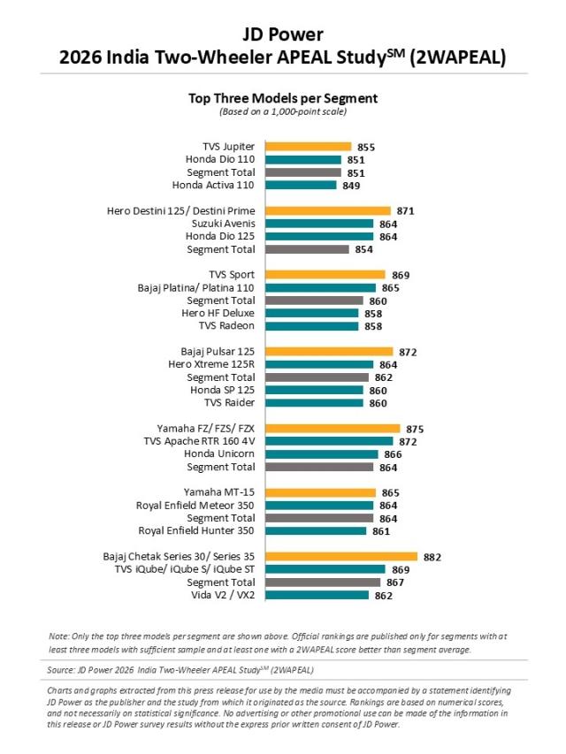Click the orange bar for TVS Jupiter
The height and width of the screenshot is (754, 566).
point(309,147)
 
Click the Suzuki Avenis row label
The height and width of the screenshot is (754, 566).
point(222,225)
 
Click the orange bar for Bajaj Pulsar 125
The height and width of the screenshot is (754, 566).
point(328,352)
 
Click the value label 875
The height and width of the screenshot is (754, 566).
point(414,429)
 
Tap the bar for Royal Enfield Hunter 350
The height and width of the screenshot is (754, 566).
point(316,531)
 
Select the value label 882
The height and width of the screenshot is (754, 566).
point(432,557)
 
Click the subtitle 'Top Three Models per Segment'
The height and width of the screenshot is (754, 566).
point(283,98)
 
